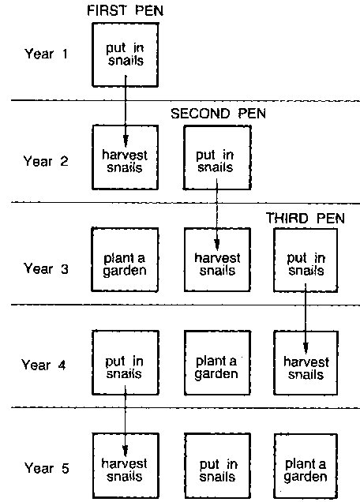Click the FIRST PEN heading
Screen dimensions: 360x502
click(126, 10)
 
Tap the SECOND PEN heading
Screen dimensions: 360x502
click(218, 114)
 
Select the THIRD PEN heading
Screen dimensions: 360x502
click(306, 219)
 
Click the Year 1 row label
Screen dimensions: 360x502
click(46, 54)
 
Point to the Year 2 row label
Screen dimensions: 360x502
click(46, 161)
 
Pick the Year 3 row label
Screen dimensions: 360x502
click(46, 268)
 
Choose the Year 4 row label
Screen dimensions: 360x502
click(44, 365)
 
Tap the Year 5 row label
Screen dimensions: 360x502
click(47, 468)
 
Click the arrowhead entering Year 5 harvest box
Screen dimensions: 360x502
click(126, 451)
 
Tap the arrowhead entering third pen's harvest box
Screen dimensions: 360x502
click(306, 348)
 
